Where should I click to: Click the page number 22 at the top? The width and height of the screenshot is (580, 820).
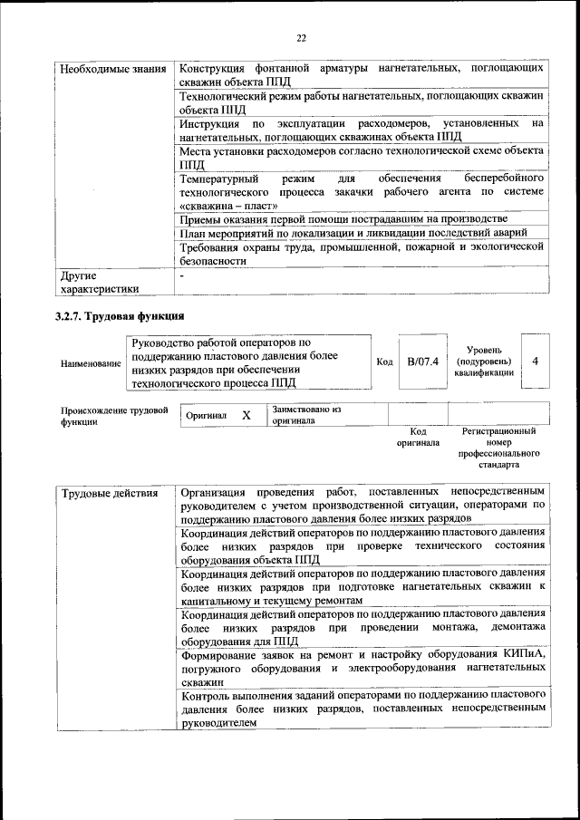coord(301,37)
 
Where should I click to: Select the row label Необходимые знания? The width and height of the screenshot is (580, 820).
coord(111,70)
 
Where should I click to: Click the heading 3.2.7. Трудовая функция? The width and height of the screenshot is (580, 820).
coord(121,316)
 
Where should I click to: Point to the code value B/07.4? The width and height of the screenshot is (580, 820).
coord(422,362)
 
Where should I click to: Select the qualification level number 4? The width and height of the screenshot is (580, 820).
coord(536,362)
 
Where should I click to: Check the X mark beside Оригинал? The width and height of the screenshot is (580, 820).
coord(246,415)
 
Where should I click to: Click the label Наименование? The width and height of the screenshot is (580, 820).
coord(91,363)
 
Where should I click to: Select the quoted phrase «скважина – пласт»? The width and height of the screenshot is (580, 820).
coord(226,206)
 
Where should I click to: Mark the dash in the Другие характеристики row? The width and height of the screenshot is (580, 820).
coord(182,274)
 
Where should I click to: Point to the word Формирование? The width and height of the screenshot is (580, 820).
coord(223,653)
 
